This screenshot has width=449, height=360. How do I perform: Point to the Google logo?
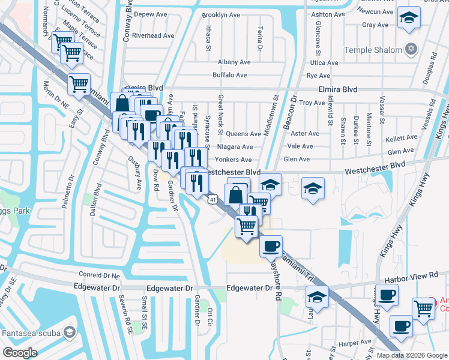coord(20,352)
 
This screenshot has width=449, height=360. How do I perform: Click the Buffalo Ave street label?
coord(230,76)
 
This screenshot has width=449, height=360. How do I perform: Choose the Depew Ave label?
coord(151,14)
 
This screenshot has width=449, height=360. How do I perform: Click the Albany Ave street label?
coord(234,62)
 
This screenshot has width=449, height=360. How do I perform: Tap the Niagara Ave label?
coord(235,146)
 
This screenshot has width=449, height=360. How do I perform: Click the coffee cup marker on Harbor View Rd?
coord(388,294)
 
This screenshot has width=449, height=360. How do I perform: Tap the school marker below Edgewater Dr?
coord(317,296)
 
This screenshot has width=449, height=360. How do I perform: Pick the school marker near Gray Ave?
coord(410,17)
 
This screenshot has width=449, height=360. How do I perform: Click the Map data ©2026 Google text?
coord(411,355)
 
